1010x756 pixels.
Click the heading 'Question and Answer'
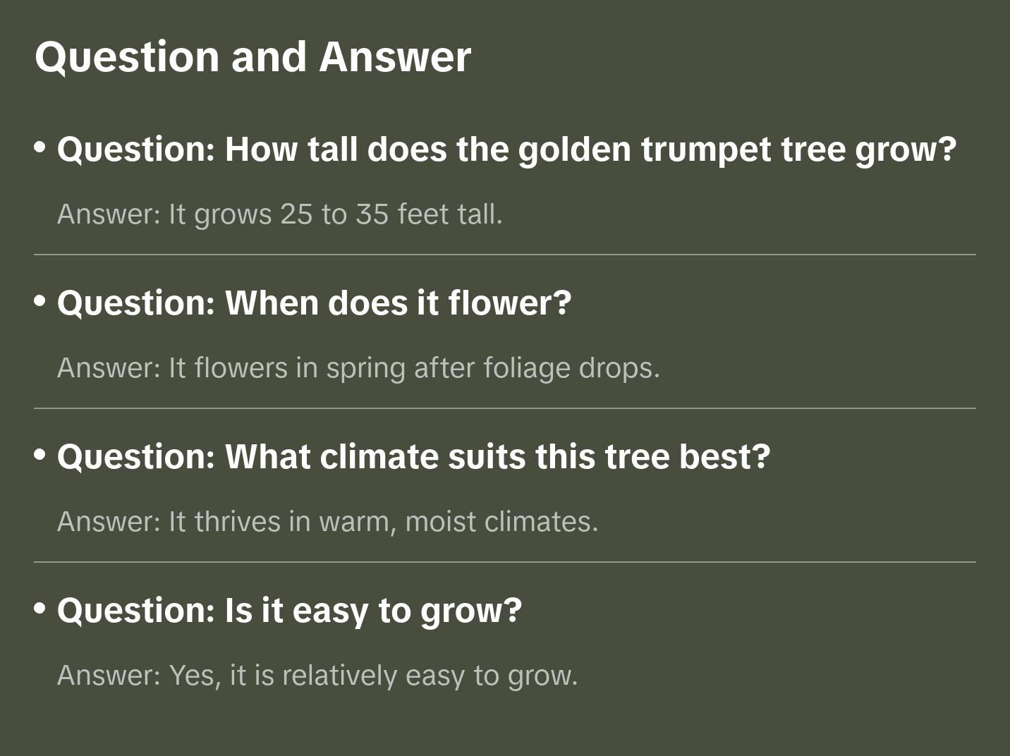point(253,56)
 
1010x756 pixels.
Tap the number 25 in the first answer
point(296,214)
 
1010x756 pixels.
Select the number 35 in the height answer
point(372,214)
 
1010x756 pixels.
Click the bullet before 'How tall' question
point(40,147)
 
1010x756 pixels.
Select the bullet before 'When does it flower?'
point(40,301)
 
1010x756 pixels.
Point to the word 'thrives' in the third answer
point(238,522)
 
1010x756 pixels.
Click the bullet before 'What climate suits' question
point(40,455)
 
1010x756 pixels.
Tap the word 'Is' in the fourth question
point(238,611)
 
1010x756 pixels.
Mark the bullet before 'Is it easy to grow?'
point(40,609)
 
